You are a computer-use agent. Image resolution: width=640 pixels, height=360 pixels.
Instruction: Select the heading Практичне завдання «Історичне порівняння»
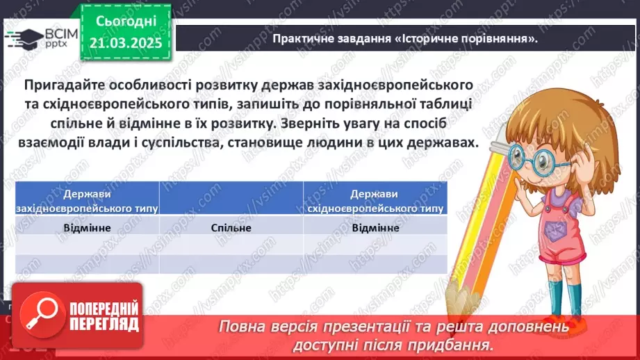click(407, 38)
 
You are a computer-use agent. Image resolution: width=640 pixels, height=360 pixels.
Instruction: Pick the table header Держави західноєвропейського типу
click(87, 200)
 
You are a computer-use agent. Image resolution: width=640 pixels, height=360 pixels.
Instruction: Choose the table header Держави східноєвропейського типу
click(375, 200)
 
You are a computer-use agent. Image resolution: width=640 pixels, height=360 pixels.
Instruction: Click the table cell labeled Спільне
click(231, 227)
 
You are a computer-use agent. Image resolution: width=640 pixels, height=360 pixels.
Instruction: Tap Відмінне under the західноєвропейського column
click(87, 227)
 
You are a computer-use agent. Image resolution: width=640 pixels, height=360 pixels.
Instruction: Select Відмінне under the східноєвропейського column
click(375, 227)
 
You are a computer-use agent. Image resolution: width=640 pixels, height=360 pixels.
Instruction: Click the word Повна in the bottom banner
click(241, 327)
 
